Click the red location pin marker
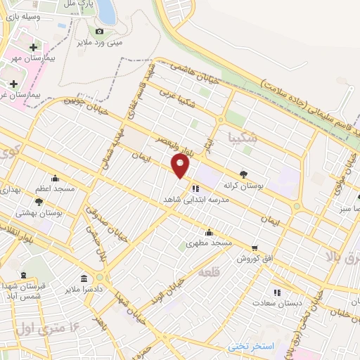[x=181, y=165]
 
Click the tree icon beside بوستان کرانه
[x=244, y=174]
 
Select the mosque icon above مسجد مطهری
[x=209, y=233]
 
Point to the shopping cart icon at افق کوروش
[x=254, y=248]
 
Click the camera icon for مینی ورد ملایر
[x=99, y=31]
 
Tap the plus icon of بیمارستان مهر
[x=32, y=48]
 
